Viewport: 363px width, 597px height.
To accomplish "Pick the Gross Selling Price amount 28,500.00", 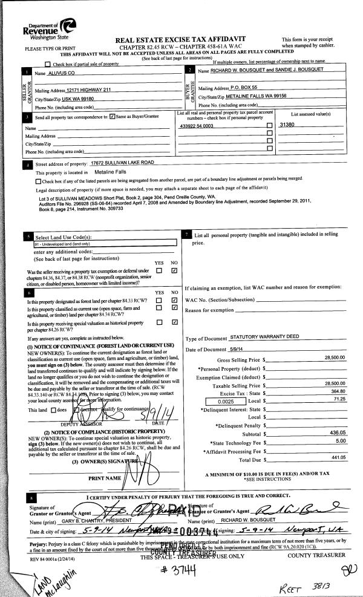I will coord(327,357).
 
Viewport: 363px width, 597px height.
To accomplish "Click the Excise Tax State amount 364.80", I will coord(330,391).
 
